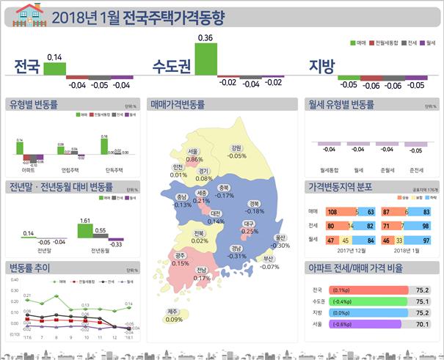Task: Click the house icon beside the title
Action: [x=27, y=14]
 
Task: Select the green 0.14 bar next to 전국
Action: [x=54, y=68]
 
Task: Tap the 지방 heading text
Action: [x=320, y=66]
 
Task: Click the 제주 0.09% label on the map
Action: [x=174, y=315]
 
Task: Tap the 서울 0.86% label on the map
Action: [x=194, y=155]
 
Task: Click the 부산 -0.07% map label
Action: [x=269, y=262]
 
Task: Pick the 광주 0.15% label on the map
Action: [x=181, y=259]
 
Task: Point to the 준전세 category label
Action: [x=415, y=170]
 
